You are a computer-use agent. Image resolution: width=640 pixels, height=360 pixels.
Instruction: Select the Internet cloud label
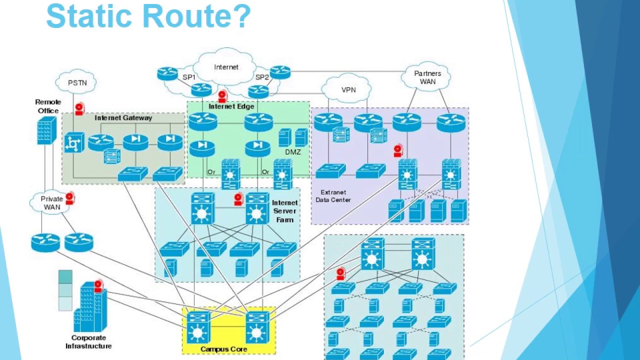(x=226, y=67)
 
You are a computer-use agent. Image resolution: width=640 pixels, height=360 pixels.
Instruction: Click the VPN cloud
(x=348, y=90)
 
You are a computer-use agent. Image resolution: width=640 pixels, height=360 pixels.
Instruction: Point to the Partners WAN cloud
(x=427, y=77)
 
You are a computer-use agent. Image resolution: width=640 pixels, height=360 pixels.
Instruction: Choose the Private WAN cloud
(x=51, y=202)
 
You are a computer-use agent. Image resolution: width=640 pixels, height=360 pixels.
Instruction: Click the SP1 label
(x=188, y=77)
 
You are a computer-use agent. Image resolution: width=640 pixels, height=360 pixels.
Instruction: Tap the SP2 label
(x=262, y=77)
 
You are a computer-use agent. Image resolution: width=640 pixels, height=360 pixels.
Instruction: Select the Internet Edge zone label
(x=231, y=106)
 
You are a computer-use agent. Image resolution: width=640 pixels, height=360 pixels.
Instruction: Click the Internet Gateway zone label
(x=123, y=118)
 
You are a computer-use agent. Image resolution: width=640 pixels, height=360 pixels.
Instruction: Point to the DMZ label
(x=292, y=152)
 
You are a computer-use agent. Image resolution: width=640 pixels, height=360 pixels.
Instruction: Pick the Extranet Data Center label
(x=333, y=196)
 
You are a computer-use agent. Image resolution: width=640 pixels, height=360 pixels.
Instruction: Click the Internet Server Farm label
(x=284, y=211)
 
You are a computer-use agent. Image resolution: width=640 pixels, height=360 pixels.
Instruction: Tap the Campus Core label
(x=223, y=349)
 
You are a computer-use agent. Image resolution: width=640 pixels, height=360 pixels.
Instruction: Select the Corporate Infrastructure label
(x=88, y=341)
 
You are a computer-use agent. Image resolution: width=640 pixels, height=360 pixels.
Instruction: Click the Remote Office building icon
(x=46, y=130)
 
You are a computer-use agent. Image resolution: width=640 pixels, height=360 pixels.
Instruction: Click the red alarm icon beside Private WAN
(x=69, y=198)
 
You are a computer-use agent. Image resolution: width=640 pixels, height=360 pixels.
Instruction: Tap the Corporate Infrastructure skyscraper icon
(x=90, y=306)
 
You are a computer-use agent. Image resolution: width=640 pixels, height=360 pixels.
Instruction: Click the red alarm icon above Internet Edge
(x=222, y=96)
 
